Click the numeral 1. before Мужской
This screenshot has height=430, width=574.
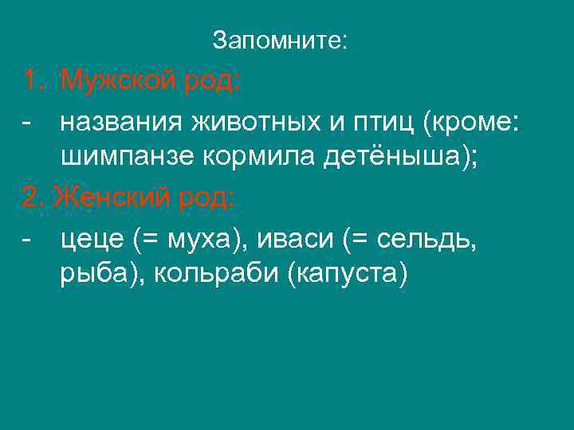click(34, 80)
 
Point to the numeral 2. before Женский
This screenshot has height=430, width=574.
click(34, 197)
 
